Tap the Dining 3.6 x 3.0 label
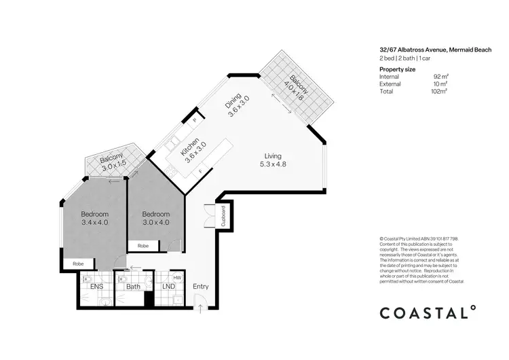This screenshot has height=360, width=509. point(238,107)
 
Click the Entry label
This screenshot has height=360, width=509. point(201,287)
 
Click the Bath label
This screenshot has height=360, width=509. point(133,287)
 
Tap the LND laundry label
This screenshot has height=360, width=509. point(168,287)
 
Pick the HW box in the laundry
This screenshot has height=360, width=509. point(176,277)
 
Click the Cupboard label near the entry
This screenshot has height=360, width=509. point(223,215)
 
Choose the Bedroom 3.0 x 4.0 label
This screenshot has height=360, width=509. point(155,217)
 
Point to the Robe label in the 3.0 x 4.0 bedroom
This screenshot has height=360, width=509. point(143,245)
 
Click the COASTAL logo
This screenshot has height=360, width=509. point(427,312)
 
